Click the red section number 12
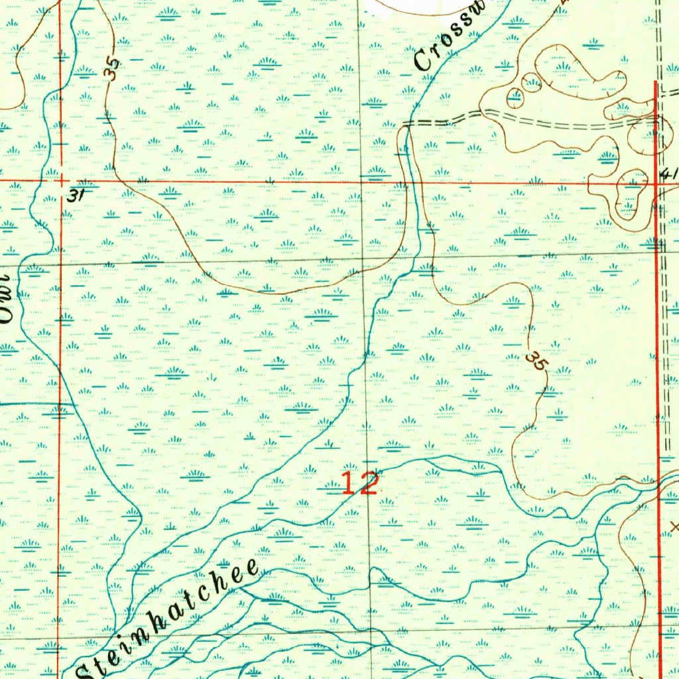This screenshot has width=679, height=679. (x=360, y=483)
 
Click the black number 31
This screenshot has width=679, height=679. (x=77, y=196)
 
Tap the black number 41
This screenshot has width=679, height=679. (x=669, y=174)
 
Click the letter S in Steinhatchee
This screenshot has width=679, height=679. (x=86, y=669)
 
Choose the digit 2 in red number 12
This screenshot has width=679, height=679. (x=368, y=483)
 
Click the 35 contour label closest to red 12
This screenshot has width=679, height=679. (x=536, y=362)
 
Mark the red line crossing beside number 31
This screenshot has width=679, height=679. (x=60, y=180)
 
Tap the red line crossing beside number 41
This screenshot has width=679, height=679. (x=657, y=181)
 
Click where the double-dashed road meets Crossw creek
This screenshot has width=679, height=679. (x=406, y=124)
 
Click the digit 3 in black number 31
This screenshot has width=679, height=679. (x=73, y=196)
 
